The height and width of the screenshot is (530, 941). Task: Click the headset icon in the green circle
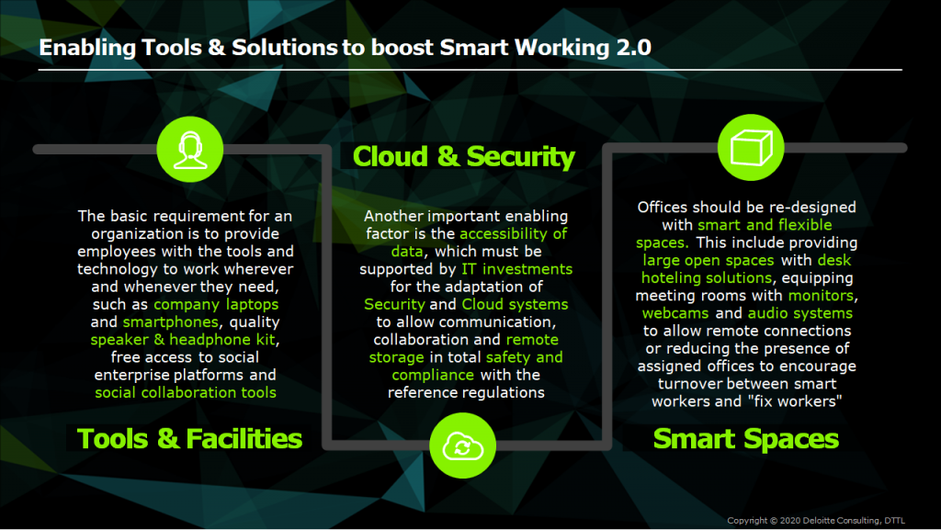190,150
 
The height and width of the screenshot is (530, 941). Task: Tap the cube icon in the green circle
751,148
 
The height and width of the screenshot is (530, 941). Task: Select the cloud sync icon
463,446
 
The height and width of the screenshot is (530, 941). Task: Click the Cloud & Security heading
463,156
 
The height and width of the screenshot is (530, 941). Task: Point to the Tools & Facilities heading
189,438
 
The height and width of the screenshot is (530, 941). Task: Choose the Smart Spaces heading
746,438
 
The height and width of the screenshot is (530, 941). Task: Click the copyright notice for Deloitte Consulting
816,521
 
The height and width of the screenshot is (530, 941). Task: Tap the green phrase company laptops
216,304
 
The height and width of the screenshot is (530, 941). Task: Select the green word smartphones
170,322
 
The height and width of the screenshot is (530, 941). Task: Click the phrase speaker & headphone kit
183,339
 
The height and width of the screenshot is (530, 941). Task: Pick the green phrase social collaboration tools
186,392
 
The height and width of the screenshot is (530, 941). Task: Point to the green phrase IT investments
516,268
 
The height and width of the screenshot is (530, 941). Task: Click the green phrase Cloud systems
515,304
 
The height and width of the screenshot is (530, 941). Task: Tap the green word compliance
433,375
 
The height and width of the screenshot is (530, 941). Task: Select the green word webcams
675,313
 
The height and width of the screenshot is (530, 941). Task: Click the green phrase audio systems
800,313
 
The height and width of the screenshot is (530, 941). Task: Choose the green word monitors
821,296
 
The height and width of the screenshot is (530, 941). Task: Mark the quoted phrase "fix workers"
795,401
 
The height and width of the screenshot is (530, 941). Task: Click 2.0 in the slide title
634,48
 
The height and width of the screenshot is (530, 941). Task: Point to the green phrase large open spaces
709,260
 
